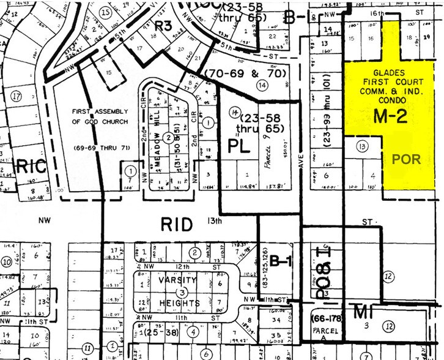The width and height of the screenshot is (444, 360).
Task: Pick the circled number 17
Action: (x=16, y=96)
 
